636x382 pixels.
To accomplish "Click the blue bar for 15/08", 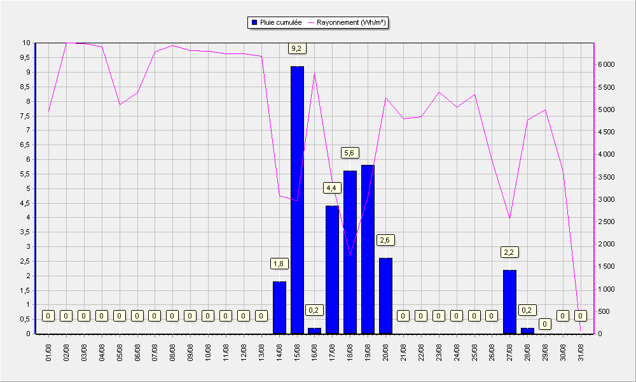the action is [297, 200].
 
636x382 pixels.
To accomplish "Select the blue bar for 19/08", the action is [368, 249].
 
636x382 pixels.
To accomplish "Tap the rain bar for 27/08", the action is [510, 302].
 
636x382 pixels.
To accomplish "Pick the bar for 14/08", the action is [279, 308].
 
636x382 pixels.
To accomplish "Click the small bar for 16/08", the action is [314, 331].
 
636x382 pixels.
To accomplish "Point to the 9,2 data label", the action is [296, 49].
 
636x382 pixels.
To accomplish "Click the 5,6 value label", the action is [349, 153].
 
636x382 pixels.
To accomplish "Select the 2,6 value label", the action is [385, 240].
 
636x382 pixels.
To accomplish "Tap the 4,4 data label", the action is [331, 188].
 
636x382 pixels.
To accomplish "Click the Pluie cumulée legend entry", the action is [277, 23].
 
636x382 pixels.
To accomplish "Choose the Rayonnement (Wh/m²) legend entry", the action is [347, 23].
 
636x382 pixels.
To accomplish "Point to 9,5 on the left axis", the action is [25, 58].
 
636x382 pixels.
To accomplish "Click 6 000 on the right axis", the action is [606, 64].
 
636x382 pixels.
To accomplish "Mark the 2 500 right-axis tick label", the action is [606, 222].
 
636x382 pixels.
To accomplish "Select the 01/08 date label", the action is [49, 352].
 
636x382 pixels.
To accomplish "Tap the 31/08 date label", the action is [581, 352].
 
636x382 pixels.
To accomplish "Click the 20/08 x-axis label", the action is [385, 352].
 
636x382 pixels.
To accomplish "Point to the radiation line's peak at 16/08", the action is [314, 73].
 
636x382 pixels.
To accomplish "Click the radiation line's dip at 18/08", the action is [350, 255].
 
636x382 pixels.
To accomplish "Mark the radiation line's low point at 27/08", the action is [509, 218].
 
